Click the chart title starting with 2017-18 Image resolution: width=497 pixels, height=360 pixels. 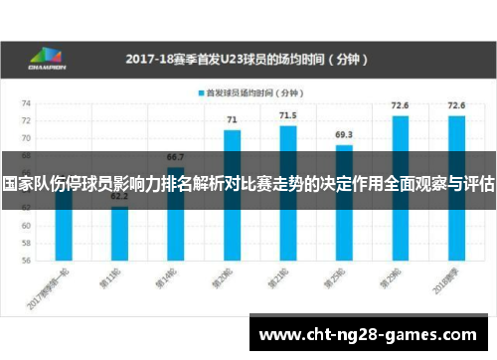pos(248,59)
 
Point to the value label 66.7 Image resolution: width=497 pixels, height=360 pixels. pos(175,157)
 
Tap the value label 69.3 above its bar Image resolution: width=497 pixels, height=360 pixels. pos(343,133)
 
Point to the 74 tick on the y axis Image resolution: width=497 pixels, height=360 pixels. pos(27,102)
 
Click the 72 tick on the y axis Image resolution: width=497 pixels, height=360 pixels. pos(27,120)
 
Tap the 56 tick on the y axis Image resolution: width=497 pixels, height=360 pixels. pos(27,261)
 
